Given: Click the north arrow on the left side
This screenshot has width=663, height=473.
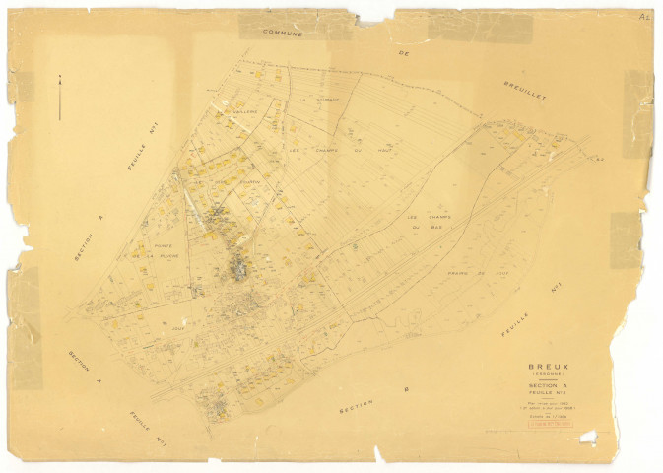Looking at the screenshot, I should [59, 97].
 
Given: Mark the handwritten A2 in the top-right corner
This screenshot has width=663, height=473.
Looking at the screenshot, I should [645, 17].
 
